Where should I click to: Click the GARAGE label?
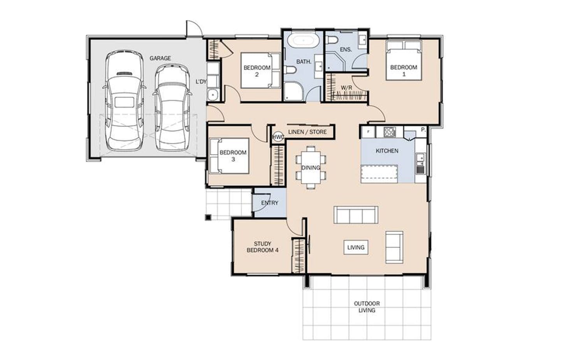pyautogui.click(x=160, y=58)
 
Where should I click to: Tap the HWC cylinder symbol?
pyautogui.click(x=278, y=137)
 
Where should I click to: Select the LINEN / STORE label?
pyautogui.click(x=307, y=132)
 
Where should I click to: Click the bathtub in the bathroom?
pyautogui.click(x=304, y=40)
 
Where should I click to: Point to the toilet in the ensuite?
pyautogui.click(x=332, y=40)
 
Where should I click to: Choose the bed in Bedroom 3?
pyautogui.click(x=229, y=156)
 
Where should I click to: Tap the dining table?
pyautogui.click(x=311, y=167)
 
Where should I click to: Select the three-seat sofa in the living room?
pyautogui.click(x=356, y=214)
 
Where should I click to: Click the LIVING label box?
pyautogui.click(x=356, y=248)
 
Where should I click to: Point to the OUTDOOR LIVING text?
pyautogui.click(x=367, y=307)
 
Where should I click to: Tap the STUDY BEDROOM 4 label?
pyautogui.click(x=263, y=247)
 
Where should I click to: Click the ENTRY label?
pyautogui.click(x=270, y=203)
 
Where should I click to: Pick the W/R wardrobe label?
pyautogui.click(x=346, y=88)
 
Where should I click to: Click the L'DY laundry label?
pyautogui.click(x=201, y=82)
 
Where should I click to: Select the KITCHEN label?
pyautogui.click(x=387, y=151)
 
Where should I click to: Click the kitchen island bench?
pyautogui.click(x=379, y=174)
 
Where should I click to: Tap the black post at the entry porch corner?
pyautogui.click(x=208, y=218)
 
